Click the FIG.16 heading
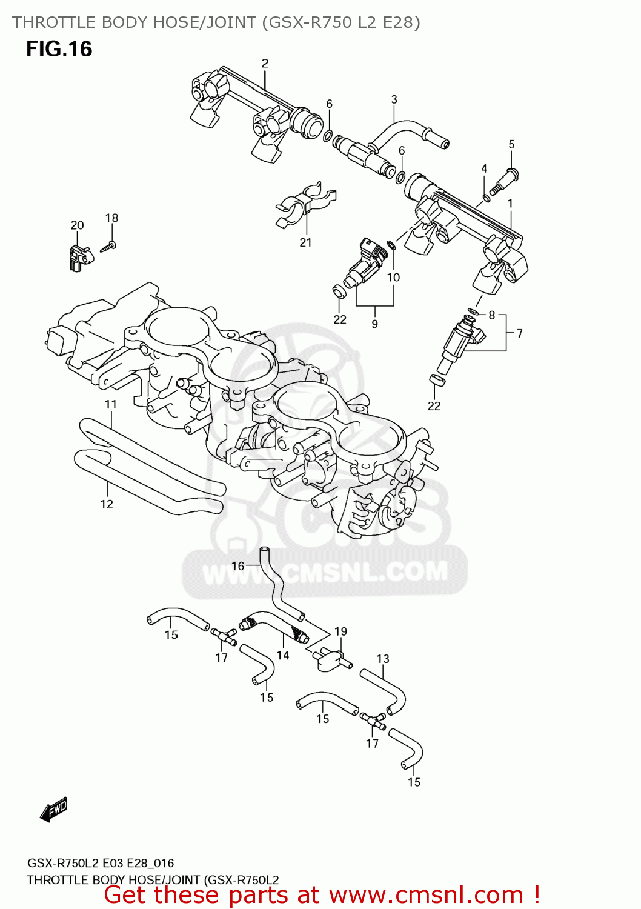59,49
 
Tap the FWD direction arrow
54,810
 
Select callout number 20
77,225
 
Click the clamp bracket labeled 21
304,204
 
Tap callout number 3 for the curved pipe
394,99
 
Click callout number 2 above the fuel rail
265,64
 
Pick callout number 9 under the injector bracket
374,324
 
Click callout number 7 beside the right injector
519,333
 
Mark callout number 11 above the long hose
110,404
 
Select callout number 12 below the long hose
107,504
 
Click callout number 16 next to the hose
237,566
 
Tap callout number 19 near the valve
340,631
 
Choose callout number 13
383,659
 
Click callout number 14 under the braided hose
283,655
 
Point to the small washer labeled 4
487,198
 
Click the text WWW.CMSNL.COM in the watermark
325,573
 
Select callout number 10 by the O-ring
393,278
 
